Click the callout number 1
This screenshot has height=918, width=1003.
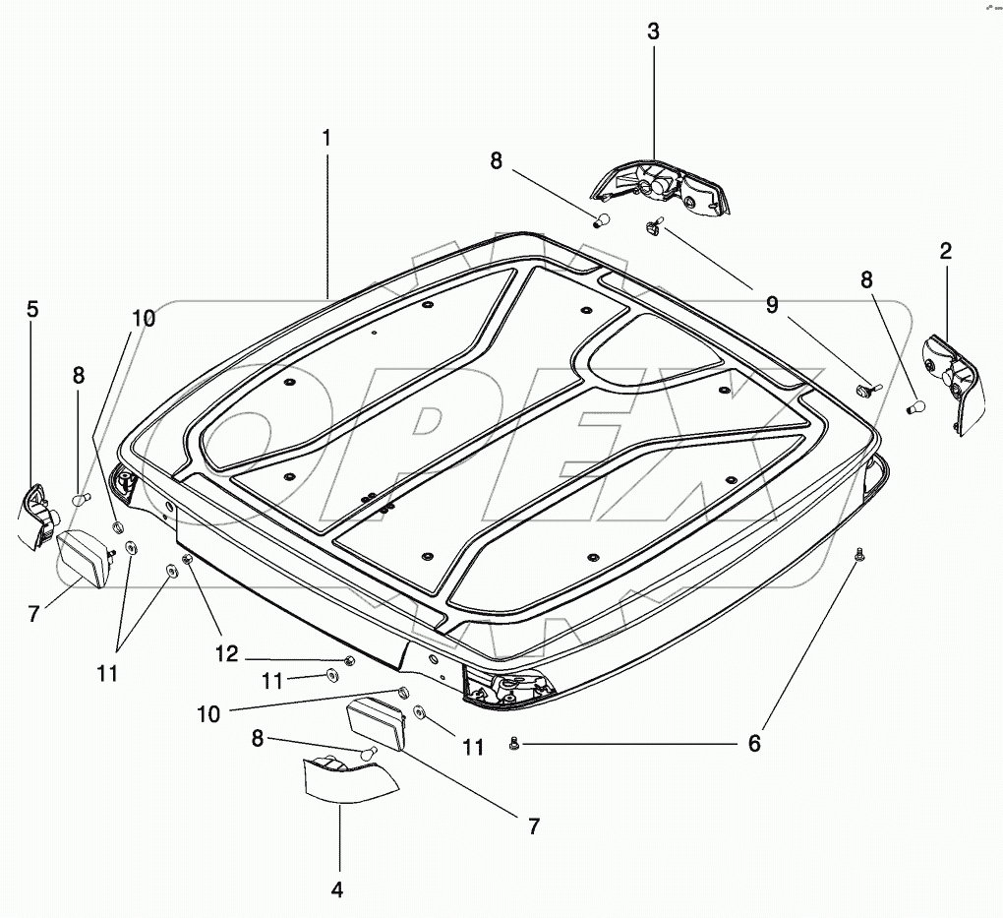click(326, 139)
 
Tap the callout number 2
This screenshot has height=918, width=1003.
click(946, 250)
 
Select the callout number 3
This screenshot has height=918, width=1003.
click(653, 31)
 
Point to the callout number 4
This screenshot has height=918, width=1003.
click(337, 889)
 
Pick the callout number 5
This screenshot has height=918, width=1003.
click(32, 309)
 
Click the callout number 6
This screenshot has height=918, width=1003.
click(754, 743)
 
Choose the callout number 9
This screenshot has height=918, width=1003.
click(772, 305)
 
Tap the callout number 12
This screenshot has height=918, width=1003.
click(227, 653)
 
